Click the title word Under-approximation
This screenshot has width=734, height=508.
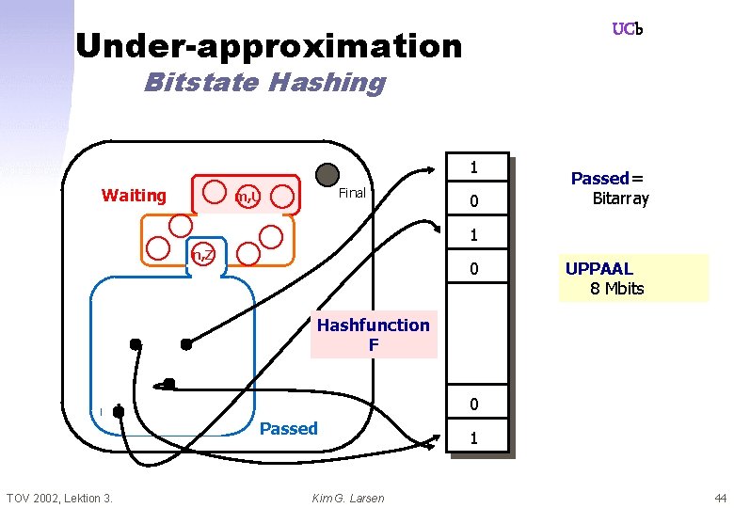pyautogui.click(x=268, y=45)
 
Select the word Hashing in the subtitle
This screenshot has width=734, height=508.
pyautogui.click(x=327, y=83)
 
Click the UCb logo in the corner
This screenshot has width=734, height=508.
pyautogui.click(x=627, y=29)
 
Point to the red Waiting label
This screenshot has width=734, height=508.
pyautogui.click(x=134, y=196)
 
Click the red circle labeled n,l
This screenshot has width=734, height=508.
pyautogui.click(x=247, y=197)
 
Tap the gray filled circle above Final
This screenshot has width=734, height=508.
pyautogui.click(x=327, y=173)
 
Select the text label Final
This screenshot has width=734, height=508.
pyautogui.click(x=351, y=193)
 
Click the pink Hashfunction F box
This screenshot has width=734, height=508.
pyautogui.click(x=374, y=335)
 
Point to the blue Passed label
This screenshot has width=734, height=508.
pyautogui.click(x=288, y=429)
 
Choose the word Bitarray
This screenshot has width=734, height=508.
pyautogui.click(x=620, y=198)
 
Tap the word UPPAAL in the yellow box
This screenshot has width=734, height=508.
pyautogui.click(x=599, y=269)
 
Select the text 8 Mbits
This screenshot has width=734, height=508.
pyautogui.click(x=616, y=289)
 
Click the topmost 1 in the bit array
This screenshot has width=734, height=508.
pyautogui.click(x=475, y=167)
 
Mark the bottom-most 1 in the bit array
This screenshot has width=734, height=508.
pyautogui.click(x=475, y=438)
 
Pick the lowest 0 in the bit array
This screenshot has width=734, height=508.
pyautogui.click(x=475, y=405)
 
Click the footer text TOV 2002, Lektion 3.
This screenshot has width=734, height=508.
pyautogui.click(x=59, y=498)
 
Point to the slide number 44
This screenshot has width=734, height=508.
pyautogui.click(x=720, y=498)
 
